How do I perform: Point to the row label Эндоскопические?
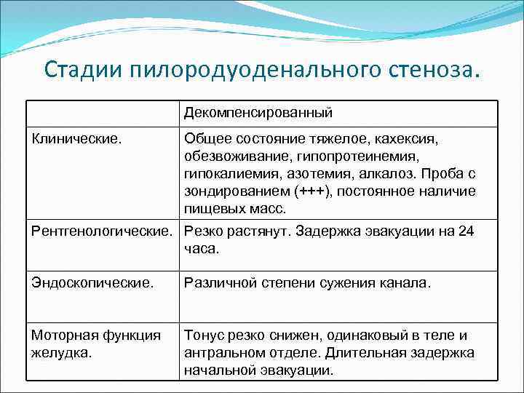[92, 283]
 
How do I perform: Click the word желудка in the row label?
[61, 353]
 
